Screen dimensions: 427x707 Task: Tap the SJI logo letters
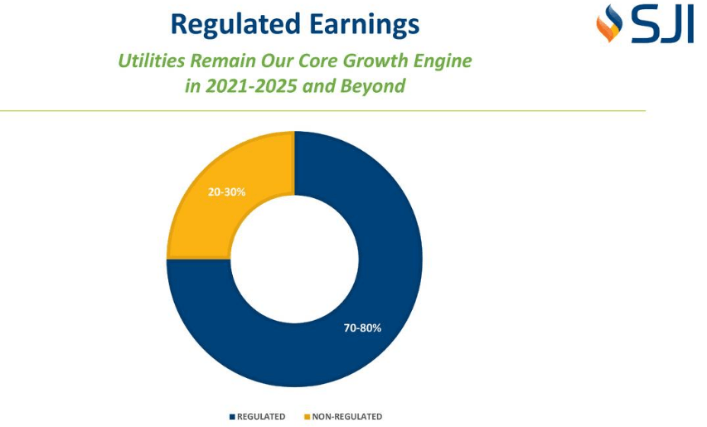coord(662,26)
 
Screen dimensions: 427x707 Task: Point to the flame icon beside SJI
coord(608,24)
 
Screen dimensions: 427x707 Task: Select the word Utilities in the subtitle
coord(151,61)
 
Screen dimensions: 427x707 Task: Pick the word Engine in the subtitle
coord(444,61)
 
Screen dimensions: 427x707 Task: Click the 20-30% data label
coord(226,192)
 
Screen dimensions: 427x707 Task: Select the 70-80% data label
coord(362,328)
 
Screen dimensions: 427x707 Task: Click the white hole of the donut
coord(294,259)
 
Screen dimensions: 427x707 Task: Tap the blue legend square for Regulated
coord(232,417)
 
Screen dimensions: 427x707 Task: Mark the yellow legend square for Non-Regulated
coord(307,417)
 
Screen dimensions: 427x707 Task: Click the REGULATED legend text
coord(261,417)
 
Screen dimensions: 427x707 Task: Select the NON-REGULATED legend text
coord(346,417)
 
